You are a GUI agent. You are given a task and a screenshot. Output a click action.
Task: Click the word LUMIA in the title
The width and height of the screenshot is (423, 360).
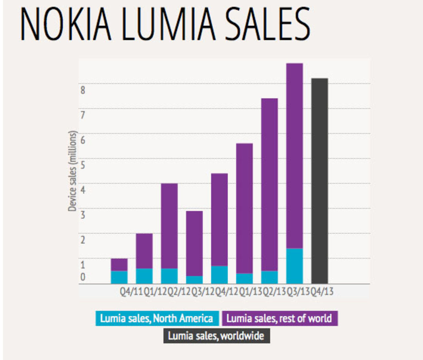pyautogui.click(x=169, y=24)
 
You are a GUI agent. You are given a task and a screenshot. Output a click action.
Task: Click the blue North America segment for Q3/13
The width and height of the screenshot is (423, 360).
pyautogui.click(x=294, y=266)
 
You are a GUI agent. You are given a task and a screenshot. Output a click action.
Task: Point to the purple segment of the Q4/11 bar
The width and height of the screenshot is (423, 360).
pyautogui.click(x=119, y=265)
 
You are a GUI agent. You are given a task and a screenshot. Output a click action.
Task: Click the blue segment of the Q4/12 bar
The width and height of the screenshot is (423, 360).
pyautogui.click(x=219, y=274)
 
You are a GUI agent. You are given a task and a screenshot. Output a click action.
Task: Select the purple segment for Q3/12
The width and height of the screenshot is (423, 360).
pyautogui.click(x=194, y=243)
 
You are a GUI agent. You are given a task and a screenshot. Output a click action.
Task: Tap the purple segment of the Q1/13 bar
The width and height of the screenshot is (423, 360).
pyautogui.click(x=245, y=208)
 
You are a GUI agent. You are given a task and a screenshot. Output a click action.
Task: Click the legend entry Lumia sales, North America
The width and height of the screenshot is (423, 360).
pyautogui.click(x=157, y=318)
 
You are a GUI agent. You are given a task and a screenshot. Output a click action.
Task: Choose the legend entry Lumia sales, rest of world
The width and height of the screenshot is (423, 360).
pyautogui.click(x=279, y=318)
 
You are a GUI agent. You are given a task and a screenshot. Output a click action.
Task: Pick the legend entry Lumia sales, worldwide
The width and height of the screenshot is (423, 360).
pyautogui.click(x=216, y=336)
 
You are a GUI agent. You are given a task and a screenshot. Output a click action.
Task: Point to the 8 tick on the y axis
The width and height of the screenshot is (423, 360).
pyautogui.click(x=83, y=90)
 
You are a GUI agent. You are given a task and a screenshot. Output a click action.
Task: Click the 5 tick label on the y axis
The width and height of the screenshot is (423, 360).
pyautogui.click(x=83, y=165)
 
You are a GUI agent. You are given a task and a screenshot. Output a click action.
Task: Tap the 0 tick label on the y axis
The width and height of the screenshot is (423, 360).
pyautogui.click(x=83, y=277)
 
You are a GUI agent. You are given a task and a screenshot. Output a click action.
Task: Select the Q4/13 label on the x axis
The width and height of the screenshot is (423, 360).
pyautogui.click(x=322, y=292)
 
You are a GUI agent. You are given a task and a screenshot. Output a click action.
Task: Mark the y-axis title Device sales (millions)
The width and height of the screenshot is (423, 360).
pyautogui.click(x=72, y=171)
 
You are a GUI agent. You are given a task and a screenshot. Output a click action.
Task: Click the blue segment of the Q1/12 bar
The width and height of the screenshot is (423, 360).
pyautogui.click(x=144, y=276)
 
